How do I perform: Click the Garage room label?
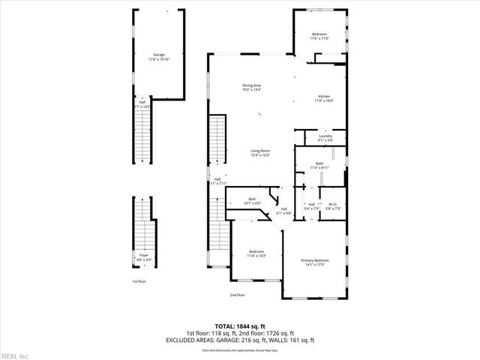(159, 56)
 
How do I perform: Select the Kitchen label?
(324, 98)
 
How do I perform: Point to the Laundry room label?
(325, 137)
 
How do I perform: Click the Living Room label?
(260, 152)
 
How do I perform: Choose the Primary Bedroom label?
(315, 262)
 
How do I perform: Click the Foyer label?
(143, 257)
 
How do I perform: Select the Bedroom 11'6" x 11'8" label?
(319, 36)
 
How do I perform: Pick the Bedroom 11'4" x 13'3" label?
(256, 253)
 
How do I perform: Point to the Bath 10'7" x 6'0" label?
(252, 200)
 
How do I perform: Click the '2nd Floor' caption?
(237, 295)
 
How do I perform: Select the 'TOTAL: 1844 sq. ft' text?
(240, 326)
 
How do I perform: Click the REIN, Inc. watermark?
(15, 355)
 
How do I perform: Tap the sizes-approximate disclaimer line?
(240, 349)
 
